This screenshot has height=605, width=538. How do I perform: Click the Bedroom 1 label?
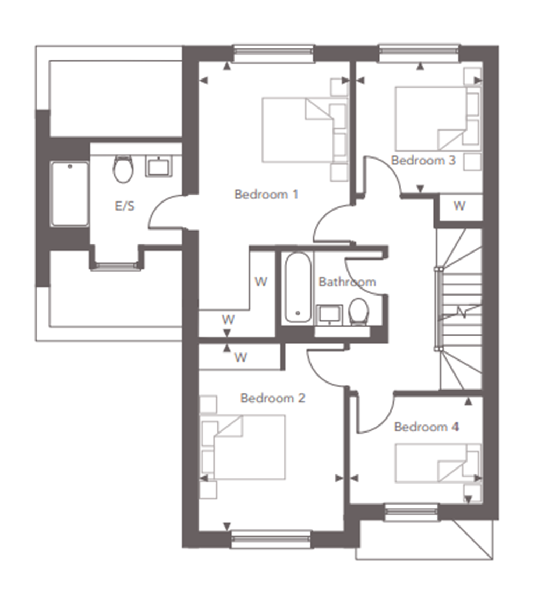click(x=266, y=194)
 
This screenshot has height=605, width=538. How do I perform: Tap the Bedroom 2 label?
click(x=273, y=398)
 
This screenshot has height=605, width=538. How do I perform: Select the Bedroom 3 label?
click(x=423, y=160)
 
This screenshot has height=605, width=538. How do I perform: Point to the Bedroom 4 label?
click(x=427, y=427)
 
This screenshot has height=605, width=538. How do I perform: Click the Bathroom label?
click(x=347, y=282)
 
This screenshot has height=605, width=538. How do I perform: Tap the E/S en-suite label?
click(x=125, y=206)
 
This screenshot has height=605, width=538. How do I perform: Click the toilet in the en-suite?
click(x=123, y=169)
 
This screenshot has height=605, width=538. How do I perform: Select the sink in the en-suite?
click(x=159, y=167)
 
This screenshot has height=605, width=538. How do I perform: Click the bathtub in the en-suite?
click(x=70, y=193)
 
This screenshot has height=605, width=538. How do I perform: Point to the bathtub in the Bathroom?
click(x=298, y=287)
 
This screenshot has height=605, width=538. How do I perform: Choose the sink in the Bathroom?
click(x=329, y=314)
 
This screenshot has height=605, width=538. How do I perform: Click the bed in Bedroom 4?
click(x=438, y=463)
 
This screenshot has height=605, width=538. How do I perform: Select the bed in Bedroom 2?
click(x=243, y=447)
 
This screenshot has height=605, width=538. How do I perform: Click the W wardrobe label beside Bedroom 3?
click(x=459, y=206)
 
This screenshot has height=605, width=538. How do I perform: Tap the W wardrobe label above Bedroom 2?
click(x=240, y=357)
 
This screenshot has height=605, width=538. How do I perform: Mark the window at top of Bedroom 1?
click(x=273, y=54)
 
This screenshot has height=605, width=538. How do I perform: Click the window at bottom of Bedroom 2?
click(x=271, y=539)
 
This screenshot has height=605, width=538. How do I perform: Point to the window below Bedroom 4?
click(x=412, y=512)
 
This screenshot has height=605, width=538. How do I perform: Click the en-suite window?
click(x=116, y=266)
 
